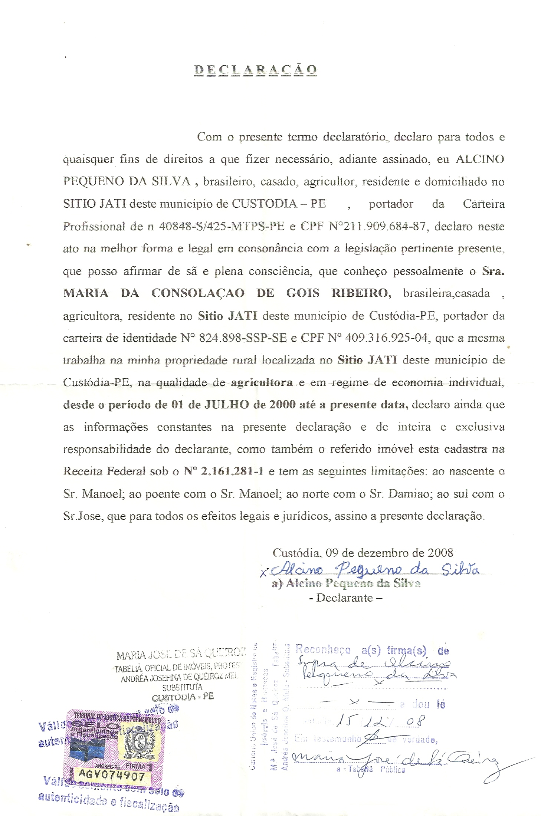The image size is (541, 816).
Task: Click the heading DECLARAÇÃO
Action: pyautogui.click(x=256, y=70)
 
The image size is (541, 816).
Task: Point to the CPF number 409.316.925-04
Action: pyautogui.click(x=386, y=338)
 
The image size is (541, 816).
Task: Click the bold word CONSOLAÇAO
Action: pyautogui.click(x=198, y=293)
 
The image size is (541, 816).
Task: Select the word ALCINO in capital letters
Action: pyautogui.click(x=479, y=159)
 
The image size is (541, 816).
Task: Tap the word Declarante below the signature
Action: pyautogui.click(x=344, y=598)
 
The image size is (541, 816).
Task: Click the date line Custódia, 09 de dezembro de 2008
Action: pyautogui.click(x=363, y=553)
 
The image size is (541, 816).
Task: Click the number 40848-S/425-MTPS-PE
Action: pyautogui.click(x=222, y=226)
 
